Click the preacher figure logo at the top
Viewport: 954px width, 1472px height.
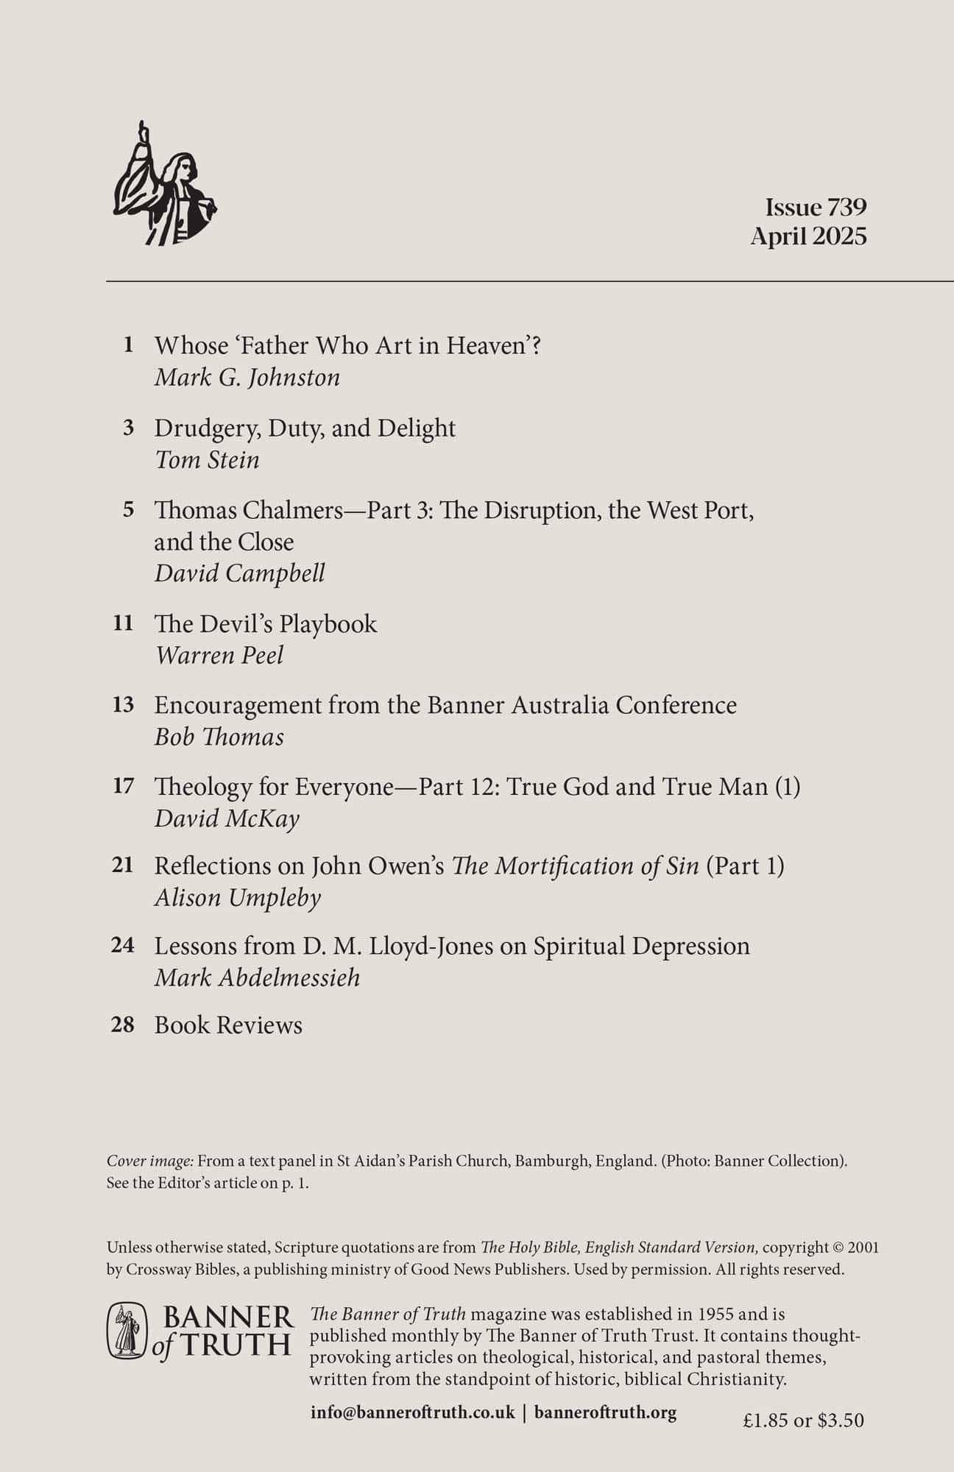click(x=163, y=184)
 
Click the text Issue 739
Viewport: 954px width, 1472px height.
click(x=816, y=208)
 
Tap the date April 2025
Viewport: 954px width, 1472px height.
click(x=808, y=237)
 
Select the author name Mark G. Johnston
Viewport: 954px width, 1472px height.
click(x=247, y=378)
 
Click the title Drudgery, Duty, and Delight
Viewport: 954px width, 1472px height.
click(x=305, y=428)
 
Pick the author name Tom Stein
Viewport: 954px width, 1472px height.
click(x=207, y=461)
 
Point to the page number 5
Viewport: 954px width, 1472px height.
click(x=129, y=509)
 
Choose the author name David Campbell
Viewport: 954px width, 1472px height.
click(x=239, y=574)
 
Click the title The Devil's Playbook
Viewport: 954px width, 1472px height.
click(x=265, y=624)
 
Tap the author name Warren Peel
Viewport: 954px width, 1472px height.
click(x=219, y=656)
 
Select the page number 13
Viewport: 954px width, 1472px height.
click(x=123, y=705)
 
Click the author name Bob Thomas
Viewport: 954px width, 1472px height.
click(x=219, y=737)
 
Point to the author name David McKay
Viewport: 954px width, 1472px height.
click(x=227, y=819)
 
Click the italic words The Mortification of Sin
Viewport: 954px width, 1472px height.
click(x=575, y=866)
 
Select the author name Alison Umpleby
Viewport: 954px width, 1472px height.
click(x=237, y=898)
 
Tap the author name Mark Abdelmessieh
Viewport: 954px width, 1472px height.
click(x=257, y=978)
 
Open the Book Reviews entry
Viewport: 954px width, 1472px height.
click(x=228, y=1026)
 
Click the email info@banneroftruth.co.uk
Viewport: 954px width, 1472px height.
click(x=412, y=1413)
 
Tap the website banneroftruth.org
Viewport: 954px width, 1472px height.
click(x=605, y=1413)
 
